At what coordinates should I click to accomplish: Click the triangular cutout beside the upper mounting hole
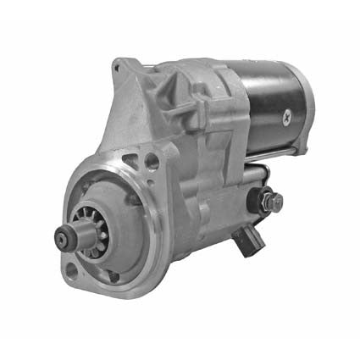[x=131, y=158]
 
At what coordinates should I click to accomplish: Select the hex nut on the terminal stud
[x=273, y=202]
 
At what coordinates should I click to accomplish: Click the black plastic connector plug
[x=252, y=236]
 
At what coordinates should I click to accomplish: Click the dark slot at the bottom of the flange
[x=114, y=277]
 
